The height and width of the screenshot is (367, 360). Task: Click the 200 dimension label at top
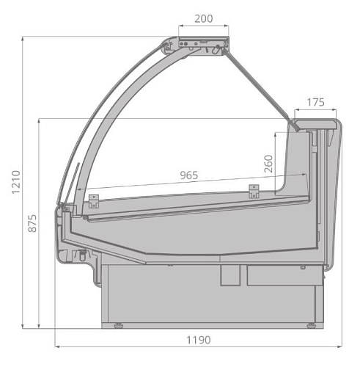pyautogui.click(x=204, y=18)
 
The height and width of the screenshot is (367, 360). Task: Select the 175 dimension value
pyautogui.click(x=315, y=102)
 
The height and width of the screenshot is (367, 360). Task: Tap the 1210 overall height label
pyautogui.click(x=16, y=182)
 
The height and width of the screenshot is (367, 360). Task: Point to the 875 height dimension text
pyautogui.click(x=32, y=223)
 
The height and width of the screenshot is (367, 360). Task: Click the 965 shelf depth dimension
pyautogui.click(x=189, y=175)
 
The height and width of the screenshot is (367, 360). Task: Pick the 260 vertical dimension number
pyautogui.click(x=268, y=164)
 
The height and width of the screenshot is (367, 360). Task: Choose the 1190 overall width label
pyautogui.click(x=199, y=340)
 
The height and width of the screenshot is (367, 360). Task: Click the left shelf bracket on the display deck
pyautogui.click(x=94, y=201)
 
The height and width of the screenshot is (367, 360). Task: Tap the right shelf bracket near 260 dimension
pyautogui.click(x=254, y=192)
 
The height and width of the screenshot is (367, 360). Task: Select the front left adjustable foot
pyautogui.click(x=119, y=325)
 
